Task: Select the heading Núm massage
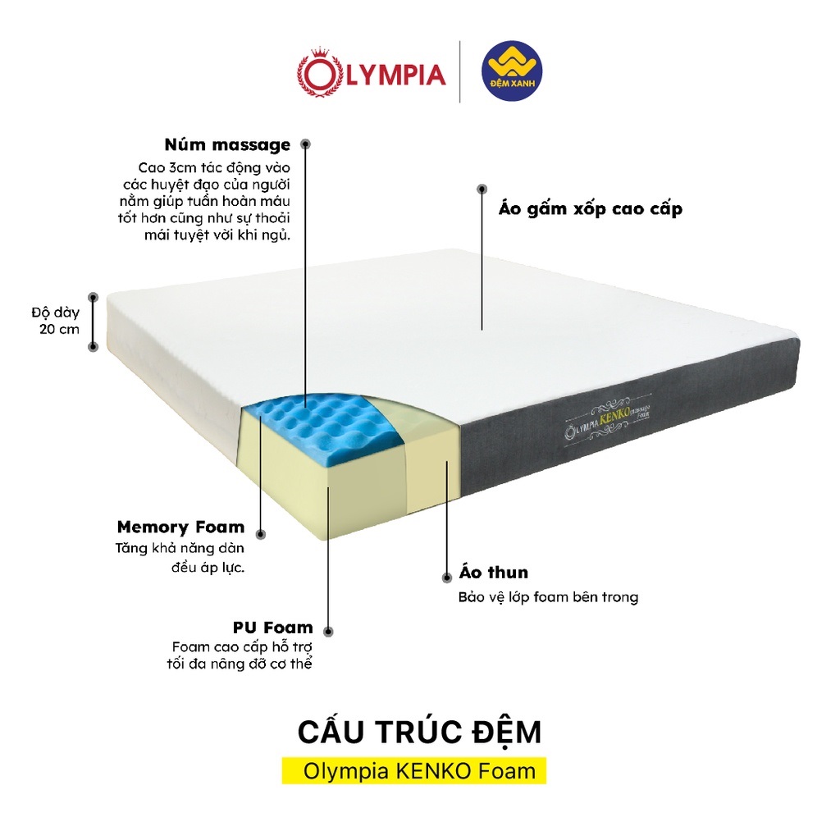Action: pyautogui.click(x=227, y=145)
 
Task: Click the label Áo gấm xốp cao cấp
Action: pyautogui.click(x=591, y=209)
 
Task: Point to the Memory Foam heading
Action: pyautogui.click(x=180, y=527)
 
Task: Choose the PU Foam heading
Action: pyautogui.click(x=272, y=628)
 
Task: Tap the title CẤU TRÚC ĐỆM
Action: pyautogui.click(x=419, y=732)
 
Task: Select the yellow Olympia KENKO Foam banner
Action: pyautogui.click(x=413, y=771)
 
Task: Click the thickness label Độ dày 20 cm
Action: pyautogui.click(x=56, y=321)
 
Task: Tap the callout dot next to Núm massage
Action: pyautogui.click(x=306, y=144)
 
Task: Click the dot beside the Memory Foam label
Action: pyautogui.click(x=262, y=534)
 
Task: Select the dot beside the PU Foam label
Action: pyautogui.click(x=329, y=632)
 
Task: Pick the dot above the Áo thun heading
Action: pyautogui.click(x=446, y=576)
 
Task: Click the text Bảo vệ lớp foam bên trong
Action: pyautogui.click(x=548, y=597)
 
